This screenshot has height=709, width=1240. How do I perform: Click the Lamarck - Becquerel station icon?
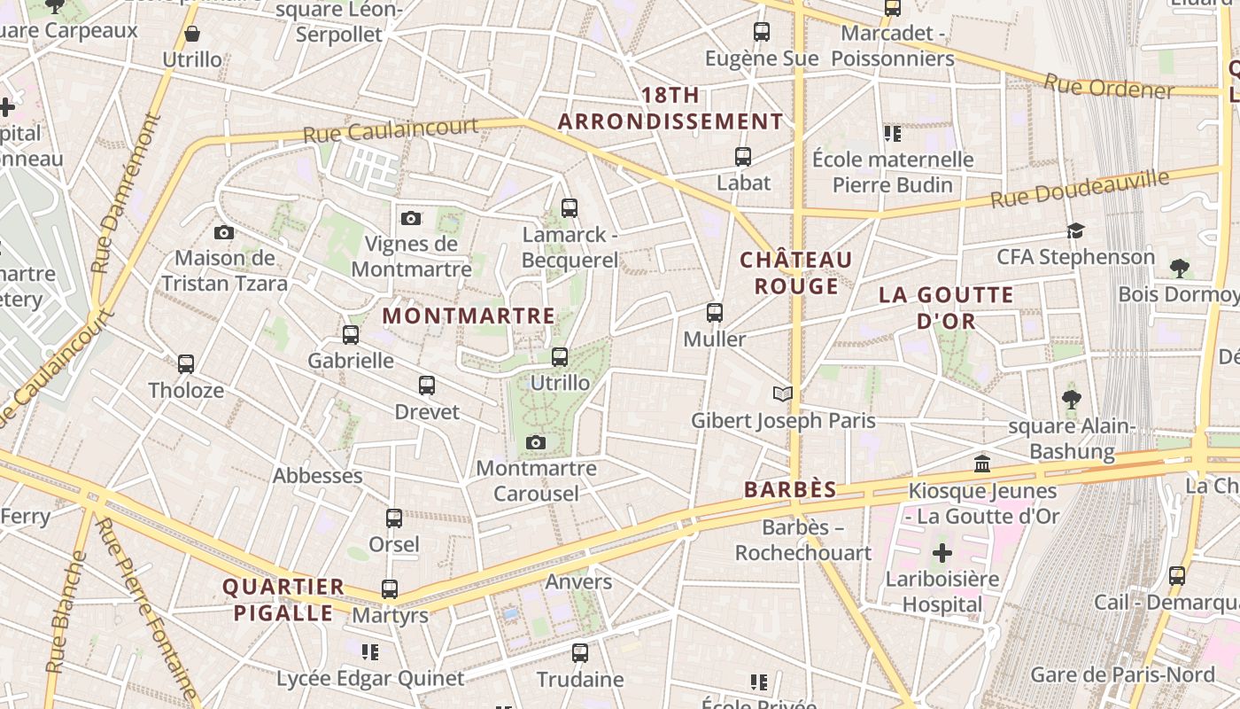(570, 208)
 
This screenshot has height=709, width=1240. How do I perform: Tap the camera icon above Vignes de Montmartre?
(410, 218)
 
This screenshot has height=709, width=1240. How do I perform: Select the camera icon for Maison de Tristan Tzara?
(224, 232)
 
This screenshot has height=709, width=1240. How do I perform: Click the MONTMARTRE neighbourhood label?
(469, 316)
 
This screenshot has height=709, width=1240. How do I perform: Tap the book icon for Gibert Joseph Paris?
(782, 393)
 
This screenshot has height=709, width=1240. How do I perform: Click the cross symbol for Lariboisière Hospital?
(942, 554)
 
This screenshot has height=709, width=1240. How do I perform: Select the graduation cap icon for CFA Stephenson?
(1075, 231)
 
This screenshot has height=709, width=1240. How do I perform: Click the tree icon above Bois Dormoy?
(1179, 268)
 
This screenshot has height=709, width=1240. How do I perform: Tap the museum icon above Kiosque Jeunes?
(982, 464)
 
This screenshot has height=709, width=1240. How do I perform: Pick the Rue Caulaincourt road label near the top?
(391, 131)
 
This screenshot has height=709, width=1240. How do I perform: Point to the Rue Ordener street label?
(1108, 87)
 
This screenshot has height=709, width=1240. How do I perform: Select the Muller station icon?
(715, 313)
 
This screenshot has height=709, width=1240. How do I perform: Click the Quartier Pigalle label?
(283, 599)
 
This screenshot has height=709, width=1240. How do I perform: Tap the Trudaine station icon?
(580, 653)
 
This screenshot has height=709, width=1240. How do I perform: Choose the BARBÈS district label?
(790, 489)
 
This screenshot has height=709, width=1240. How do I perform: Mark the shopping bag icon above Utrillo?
(192, 35)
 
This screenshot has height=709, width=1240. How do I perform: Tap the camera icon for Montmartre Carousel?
(536, 442)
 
